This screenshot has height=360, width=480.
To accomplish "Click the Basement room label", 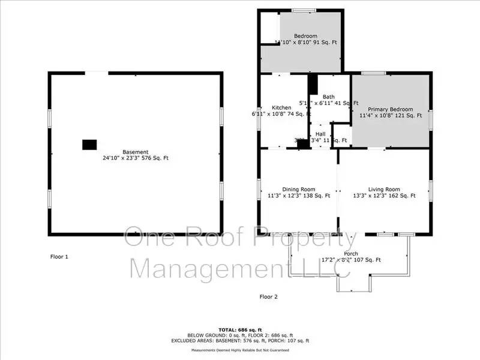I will (x=136, y=152).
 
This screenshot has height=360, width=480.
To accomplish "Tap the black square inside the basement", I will (x=89, y=145).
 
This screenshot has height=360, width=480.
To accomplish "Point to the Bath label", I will (x=329, y=97).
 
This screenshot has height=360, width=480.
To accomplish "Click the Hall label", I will (x=321, y=134).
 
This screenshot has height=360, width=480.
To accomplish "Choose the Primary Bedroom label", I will (x=391, y=109).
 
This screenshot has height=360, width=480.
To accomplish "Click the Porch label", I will (x=351, y=253).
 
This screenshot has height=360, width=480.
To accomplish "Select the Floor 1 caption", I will (x=59, y=257).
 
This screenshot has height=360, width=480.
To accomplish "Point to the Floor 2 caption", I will (x=269, y=296).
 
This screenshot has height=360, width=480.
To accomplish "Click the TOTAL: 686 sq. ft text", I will (x=239, y=330).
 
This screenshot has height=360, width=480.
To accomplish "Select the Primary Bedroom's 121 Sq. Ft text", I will (x=409, y=115).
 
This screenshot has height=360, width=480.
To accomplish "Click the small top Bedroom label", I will (x=305, y=36).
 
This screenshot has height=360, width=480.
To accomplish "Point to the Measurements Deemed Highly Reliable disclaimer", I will (x=239, y=350).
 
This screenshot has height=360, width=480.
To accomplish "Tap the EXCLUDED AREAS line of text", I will (x=239, y=340).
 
